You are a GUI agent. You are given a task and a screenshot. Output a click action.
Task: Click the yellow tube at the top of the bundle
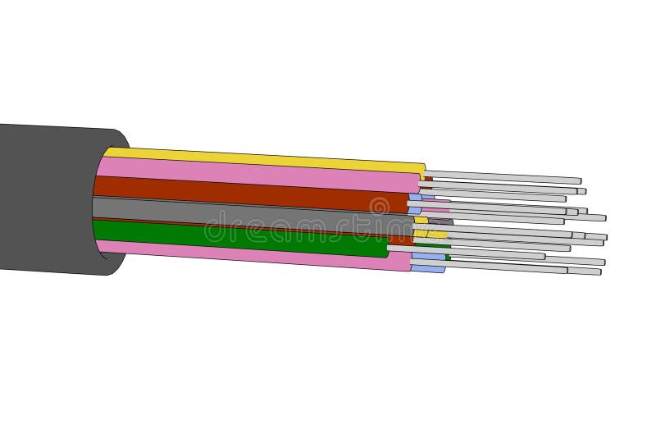262,157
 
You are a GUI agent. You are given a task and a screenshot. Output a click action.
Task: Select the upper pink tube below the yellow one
254,173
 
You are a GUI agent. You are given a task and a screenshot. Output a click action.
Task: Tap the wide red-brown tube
246,194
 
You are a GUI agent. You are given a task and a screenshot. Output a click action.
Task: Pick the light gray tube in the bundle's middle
246,212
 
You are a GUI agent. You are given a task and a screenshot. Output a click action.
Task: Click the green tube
238,237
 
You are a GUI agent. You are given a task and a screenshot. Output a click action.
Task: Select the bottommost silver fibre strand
508,267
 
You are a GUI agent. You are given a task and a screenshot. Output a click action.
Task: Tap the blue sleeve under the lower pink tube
427,268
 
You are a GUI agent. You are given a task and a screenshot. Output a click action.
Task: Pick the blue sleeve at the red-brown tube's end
415,198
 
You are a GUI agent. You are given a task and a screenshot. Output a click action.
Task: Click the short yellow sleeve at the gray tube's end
421,220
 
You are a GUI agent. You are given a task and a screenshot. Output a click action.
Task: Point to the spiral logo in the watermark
379,206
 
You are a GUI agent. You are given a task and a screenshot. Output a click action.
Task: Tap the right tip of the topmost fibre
579,180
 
